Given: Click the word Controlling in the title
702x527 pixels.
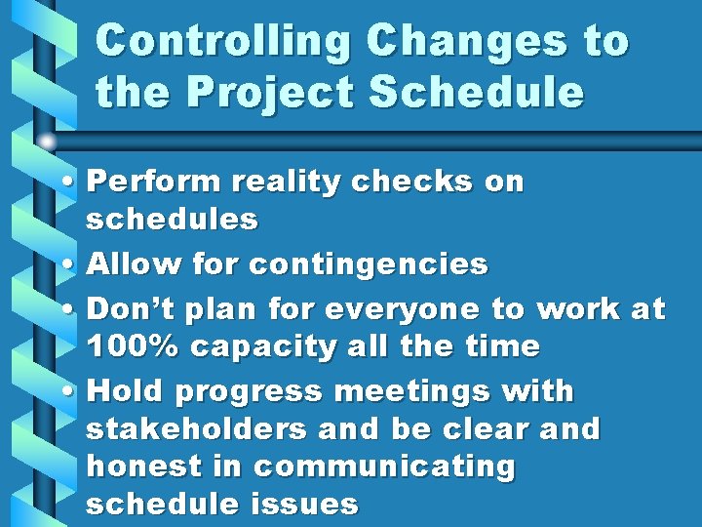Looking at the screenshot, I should pos(223,42).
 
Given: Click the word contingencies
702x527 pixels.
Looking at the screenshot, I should pos(369,264).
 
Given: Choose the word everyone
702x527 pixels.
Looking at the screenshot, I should pos(403,309).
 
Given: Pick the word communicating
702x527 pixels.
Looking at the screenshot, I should pos(383,466).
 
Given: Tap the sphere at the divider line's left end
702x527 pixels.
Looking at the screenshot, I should pos(46,141).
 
